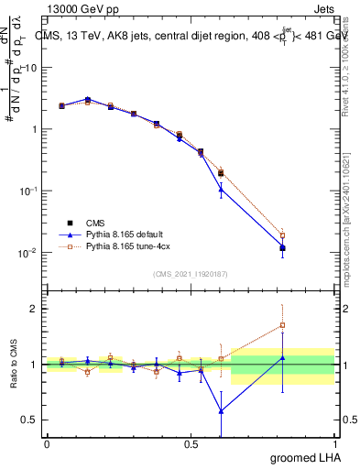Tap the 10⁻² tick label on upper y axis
tap(27, 253)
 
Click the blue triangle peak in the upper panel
tap(87, 99)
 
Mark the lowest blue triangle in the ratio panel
tap(221, 410)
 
